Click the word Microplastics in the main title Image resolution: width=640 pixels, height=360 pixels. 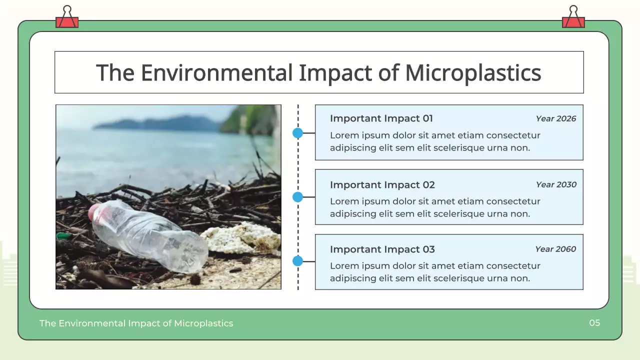pyautogui.click(x=472, y=73)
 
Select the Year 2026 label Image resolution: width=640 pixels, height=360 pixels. pyautogui.click(x=555, y=119)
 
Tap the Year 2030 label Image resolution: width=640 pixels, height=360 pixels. pyautogui.click(x=555, y=184)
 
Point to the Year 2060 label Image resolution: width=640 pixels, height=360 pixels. pyautogui.click(x=555, y=249)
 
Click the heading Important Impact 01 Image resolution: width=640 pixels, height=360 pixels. pyautogui.click(x=381, y=118)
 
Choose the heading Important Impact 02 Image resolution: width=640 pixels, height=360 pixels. pyautogui.click(x=382, y=185)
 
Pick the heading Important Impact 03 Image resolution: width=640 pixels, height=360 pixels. pyautogui.click(x=382, y=249)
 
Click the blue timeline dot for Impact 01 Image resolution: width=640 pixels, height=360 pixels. pyautogui.click(x=298, y=133)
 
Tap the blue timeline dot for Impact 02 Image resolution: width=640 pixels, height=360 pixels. pyautogui.click(x=298, y=197)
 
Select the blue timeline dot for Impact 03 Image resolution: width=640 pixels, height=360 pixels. pyautogui.click(x=298, y=261)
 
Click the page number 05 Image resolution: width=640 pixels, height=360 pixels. pyautogui.click(x=594, y=323)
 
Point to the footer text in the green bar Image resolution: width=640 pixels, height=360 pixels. pyautogui.click(x=136, y=323)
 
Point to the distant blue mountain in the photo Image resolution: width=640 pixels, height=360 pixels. pyautogui.click(x=160, y=123)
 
